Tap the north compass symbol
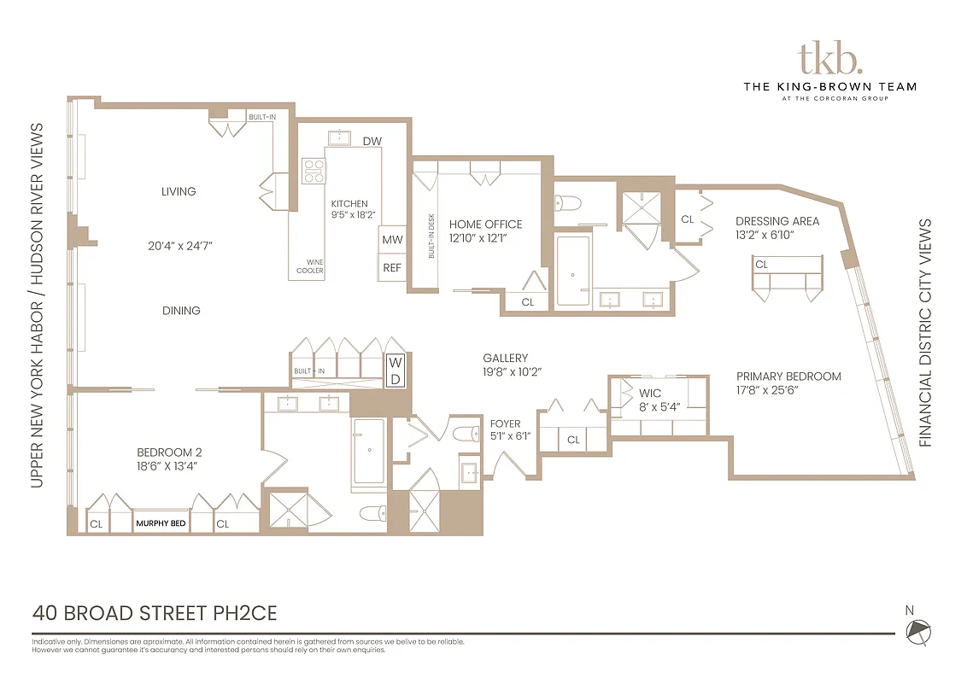919,631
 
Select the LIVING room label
179,191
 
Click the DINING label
181,311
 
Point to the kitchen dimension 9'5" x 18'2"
349,216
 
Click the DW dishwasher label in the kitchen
372,141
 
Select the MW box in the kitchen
392,240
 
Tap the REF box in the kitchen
392,267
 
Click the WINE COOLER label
309,266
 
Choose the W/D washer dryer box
395,370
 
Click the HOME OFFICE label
485,225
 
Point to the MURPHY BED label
161,523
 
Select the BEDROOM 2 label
169,452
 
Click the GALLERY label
505,359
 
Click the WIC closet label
650,394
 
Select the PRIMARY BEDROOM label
788,376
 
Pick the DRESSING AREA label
777,221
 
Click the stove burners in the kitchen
314,171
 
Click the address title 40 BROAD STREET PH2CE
155,613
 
